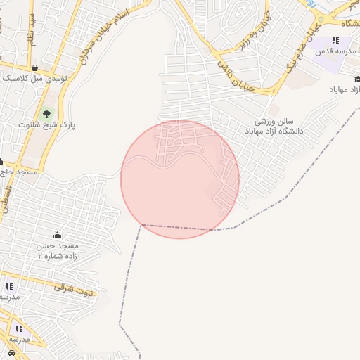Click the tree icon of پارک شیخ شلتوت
tap(47, 112)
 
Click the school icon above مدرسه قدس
tap(336, 40)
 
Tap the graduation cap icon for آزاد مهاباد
tap(357, 79)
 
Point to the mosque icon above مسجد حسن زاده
tap(57, 234)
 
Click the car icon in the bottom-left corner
tap(12, 352)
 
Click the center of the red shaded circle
tap(180, 179)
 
